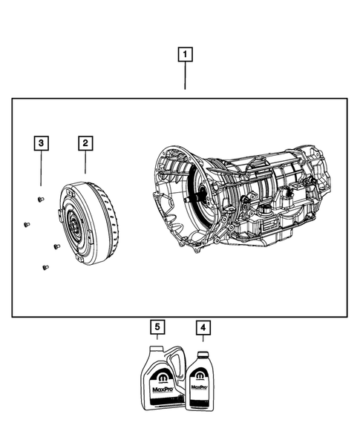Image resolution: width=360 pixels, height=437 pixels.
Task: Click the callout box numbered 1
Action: point(184,54)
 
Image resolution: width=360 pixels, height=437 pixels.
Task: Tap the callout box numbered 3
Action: point(42,142)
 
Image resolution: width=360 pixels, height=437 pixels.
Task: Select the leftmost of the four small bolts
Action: point(27,223)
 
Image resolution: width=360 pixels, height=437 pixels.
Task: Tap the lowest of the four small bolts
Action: point(45,267)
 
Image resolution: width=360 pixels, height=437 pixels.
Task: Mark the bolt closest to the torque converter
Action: point(56,246)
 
